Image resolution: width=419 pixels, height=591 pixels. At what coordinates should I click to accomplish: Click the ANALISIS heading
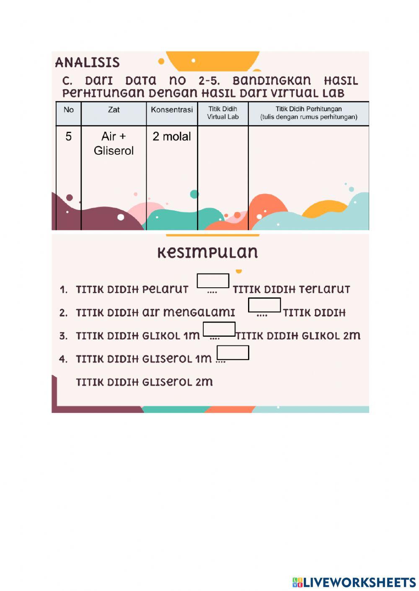[87, 62]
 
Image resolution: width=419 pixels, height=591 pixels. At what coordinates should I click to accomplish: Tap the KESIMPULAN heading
[207, 253]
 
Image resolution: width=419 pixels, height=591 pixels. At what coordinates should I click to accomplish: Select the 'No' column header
[69, 110]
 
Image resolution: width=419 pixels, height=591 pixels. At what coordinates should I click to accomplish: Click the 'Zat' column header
[114, 110]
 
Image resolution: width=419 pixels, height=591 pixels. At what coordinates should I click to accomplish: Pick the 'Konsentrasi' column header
[172, 110]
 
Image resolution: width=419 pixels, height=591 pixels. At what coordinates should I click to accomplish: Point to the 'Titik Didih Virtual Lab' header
[222, 113]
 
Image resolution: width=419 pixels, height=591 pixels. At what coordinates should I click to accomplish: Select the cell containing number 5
[69, 136]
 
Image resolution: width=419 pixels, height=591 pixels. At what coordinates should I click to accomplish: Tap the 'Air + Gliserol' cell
[114, 143]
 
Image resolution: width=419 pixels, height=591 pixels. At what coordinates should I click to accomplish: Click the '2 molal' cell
[172, 136]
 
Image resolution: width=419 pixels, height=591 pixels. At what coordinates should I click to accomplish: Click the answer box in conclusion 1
[213, 281]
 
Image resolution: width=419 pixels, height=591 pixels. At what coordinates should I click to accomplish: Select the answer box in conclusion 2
[264, 305]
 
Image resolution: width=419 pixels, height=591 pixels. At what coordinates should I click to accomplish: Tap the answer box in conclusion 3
[219, 329]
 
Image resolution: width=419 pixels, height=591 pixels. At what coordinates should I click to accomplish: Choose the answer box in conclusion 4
[233, 353]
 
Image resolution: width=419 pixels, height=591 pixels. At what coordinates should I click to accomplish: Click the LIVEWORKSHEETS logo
[354, 582]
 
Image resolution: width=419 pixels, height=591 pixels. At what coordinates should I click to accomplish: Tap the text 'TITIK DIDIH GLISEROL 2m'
[144, 382]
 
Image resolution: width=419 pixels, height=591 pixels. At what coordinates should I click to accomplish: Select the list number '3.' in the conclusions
[63, 336]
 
